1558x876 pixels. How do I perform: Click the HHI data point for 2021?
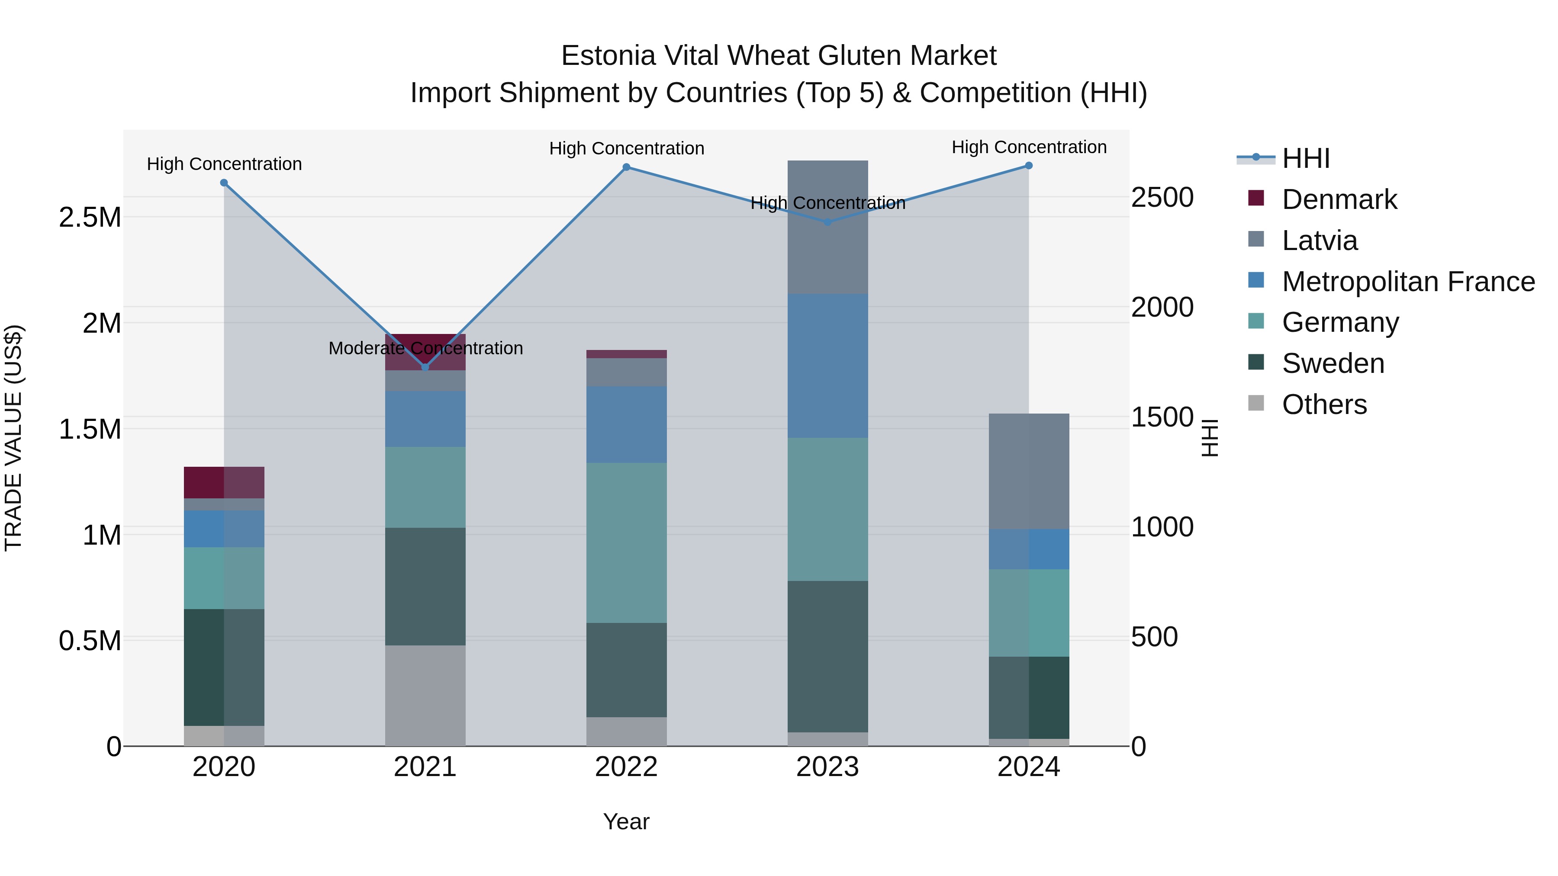(x=425, y=367)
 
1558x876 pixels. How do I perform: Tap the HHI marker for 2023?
(x=827, y=222)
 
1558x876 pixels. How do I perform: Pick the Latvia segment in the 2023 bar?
(x=827, y=227)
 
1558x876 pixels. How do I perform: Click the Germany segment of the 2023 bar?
(x=827, y=509)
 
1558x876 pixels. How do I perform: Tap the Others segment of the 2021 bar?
(x=425, y=695)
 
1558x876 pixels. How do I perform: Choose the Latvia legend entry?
(x=1319, y=241)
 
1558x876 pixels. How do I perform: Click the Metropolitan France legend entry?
(x=1407, y=282)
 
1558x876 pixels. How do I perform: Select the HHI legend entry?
(x=1305, y=158)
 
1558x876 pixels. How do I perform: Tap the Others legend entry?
(x=1324, y=404)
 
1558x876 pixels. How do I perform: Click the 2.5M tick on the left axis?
(x=90, y=218)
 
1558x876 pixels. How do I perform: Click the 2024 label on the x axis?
(x=1028, y=767)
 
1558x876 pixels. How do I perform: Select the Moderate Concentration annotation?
(x=425, y=348)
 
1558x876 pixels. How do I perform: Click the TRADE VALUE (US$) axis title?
(x=14, y=438)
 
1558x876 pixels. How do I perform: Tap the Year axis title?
(x=626, y=821)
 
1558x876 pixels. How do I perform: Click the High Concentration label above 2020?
(x=224, y=164)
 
